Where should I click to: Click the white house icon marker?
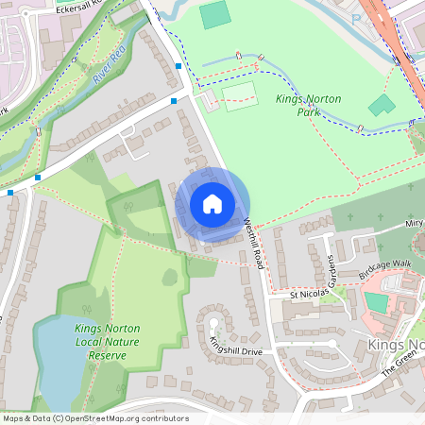click(212, 204)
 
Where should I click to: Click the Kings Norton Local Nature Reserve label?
click(106, 342)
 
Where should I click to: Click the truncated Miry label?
click(414, 224)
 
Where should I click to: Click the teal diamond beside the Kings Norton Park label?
click(382, 105)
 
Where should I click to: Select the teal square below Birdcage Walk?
click(376, 302)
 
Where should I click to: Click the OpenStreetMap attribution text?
click(94, 418)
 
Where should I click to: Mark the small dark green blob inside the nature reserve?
click(170, 277)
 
